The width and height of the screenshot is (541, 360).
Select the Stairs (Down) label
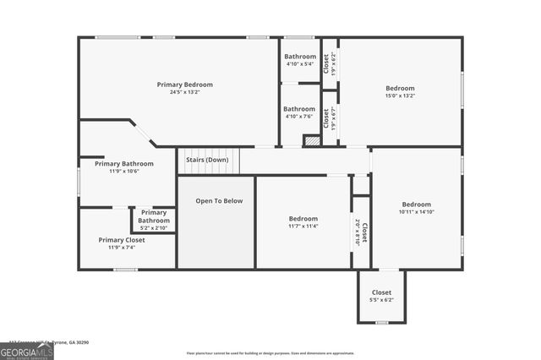pos(207,159)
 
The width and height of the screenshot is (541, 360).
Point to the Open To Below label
pos(219,201)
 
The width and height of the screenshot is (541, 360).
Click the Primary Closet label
pos(122,239)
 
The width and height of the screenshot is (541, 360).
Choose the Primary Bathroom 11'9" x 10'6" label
pos(124,164)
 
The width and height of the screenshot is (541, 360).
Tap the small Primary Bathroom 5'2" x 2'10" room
pos(153,221)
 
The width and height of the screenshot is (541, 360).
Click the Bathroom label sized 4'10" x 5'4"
pos(299,57)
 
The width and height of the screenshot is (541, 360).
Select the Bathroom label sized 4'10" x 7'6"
pos(299,109)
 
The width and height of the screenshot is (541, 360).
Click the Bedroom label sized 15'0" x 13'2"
pos(400,88)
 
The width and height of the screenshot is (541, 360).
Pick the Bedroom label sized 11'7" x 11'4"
pos(303,219)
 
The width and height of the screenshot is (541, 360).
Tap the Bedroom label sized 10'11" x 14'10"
pos(416,205)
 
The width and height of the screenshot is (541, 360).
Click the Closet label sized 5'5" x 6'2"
pos(381,292)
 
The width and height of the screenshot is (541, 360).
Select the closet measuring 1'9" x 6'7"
pos(330,118)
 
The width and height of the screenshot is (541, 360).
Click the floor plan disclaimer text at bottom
pos(270,353)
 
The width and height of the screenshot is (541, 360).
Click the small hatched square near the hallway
pos(311,141)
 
